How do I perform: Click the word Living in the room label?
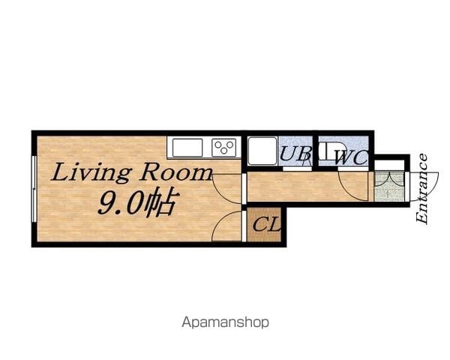(91, 172)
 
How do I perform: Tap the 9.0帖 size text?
(137, 202)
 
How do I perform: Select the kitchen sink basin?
(187, 147)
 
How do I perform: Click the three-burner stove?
(224, 147)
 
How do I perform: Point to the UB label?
(295, 154)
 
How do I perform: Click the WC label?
(351, 157)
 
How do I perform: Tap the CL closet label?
(266, 224)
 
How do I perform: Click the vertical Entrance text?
(421, 189)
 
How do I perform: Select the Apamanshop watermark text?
(225, 322)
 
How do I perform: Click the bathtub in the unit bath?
(262, 151)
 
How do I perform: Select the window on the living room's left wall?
(34, 189)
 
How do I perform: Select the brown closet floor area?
(264, 224)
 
